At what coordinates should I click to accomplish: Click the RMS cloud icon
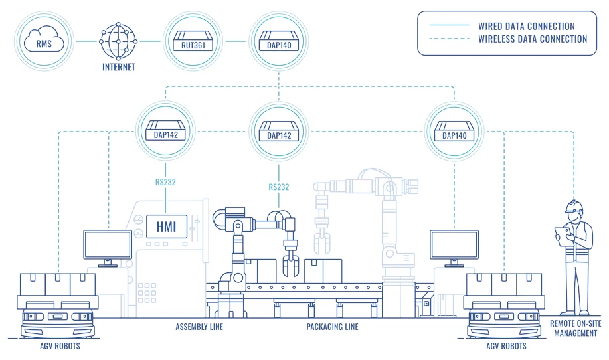pos(44,42)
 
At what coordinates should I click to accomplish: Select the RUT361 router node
pos(197,42)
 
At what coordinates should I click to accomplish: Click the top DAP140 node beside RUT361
pos(279,42)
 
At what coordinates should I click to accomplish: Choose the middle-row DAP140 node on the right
pos(454,130)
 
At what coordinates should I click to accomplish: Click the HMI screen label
pos(166,226)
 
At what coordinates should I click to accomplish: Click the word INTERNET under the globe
pos(119,67)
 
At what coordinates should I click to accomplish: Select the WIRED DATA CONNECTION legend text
pos(527,26)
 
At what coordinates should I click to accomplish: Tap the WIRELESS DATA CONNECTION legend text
pos(533,39)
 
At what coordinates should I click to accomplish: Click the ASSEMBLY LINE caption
pos(199,327)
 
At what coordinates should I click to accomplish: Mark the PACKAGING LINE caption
pos(332,327)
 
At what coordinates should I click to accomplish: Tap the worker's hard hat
pos(572,205)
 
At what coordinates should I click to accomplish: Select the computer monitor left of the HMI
pos(107,246)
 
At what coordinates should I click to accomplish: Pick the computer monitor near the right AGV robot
pos(454,246)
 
